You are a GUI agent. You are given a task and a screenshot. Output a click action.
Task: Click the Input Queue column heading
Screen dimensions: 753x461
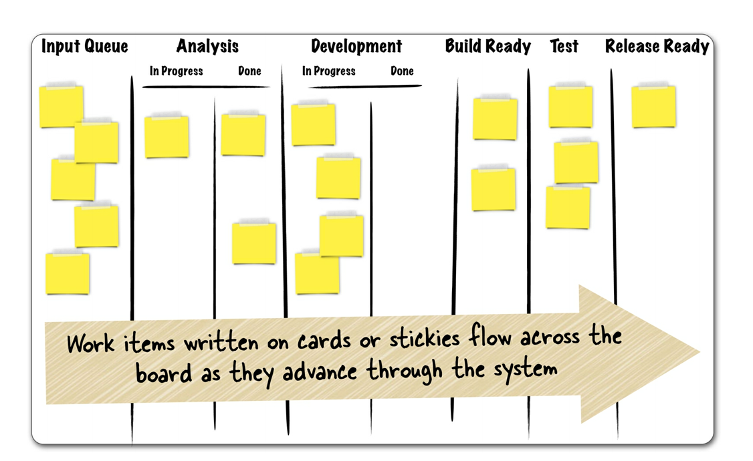[x=84, y=47]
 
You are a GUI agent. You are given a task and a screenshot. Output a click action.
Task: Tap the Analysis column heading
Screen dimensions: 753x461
[x=207, y=47]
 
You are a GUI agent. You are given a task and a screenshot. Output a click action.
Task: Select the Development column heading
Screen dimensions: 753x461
[x=356, y=46]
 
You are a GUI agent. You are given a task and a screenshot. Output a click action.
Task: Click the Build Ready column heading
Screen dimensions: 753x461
[x=488, y=46]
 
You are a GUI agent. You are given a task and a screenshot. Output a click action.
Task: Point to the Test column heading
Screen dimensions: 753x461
[x=564, y=46]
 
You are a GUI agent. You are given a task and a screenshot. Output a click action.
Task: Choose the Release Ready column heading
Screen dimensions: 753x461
[x=657, y=46]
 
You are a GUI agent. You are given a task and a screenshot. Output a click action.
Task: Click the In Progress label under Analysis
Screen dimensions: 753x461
[x=177, y=71]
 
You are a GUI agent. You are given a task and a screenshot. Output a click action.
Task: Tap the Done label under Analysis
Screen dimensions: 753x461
[x=249, y=71]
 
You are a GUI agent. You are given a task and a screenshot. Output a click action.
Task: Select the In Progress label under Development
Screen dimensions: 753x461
[x=329, y=71]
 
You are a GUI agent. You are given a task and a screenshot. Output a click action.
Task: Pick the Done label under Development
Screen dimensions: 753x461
[x=402, y=71]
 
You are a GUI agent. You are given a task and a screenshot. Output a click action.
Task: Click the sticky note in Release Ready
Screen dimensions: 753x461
[x=653, y=106]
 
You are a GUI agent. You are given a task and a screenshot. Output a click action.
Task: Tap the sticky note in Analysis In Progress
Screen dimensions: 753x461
[x=167, y=136]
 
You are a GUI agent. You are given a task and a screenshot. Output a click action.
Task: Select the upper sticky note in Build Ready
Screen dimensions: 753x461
[x=495, y=118]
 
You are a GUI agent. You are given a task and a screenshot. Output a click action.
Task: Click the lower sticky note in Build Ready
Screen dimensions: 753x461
[x=494, y=189]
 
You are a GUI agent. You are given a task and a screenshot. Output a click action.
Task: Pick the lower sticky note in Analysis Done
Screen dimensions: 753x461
[x=254, y=243]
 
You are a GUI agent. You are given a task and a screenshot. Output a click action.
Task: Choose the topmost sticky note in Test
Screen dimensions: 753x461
[x=570, y=106]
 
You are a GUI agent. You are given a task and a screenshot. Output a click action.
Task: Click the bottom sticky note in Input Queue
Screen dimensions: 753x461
[x=68, y=273]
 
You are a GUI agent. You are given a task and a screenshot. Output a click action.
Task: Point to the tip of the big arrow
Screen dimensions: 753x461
[x=700, y=352]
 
